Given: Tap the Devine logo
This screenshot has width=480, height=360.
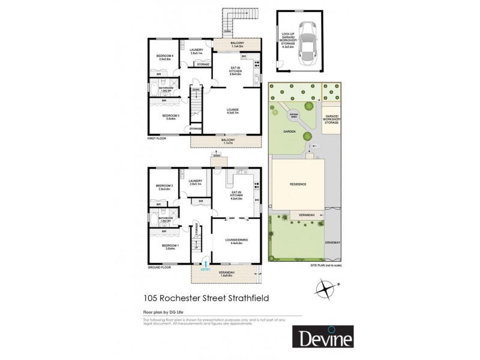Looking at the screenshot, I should (x=322, y=337).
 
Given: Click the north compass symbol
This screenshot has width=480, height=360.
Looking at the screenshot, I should (x=325, y=290).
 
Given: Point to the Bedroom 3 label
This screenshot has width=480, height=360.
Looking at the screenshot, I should (x=171, y=115).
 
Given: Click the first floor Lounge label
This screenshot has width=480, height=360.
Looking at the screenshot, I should (x=233, y=110).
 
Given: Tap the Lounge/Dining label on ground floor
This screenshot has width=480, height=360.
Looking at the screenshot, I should (x=233, y=241).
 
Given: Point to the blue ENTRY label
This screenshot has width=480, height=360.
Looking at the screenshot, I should (x=205, y=268).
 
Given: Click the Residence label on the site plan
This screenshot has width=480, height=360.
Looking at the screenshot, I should (x=298, y=184).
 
